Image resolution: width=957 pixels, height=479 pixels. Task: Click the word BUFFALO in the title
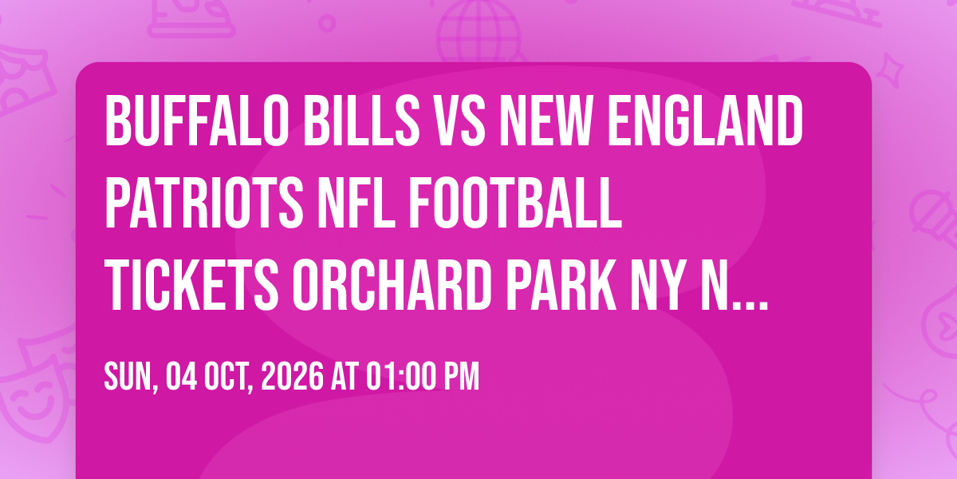(x=197, y=121)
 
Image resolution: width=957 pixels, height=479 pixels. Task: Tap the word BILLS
(x=361, y=121)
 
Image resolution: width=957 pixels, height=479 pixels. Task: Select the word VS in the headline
(x=459, y=121)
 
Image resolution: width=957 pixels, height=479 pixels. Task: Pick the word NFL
(x=356, y=203)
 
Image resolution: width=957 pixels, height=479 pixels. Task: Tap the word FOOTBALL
(x=516, y=203)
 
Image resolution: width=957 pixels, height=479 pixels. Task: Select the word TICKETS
(x=191, y=285)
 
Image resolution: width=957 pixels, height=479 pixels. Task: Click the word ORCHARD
(x=392, y=285)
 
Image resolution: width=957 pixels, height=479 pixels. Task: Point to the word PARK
(x=561, y=285)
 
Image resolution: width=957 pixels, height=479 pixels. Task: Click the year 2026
(x=292, y=377)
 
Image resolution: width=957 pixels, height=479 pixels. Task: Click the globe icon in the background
(x=478, y=30)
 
